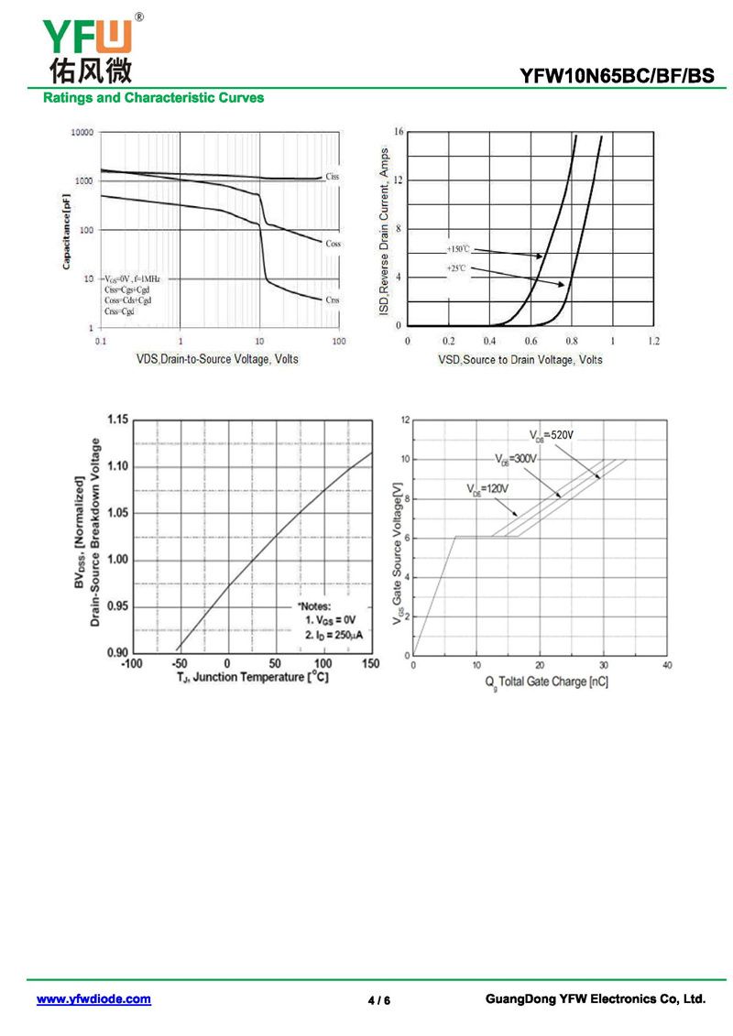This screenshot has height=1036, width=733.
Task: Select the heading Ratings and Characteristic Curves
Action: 153,98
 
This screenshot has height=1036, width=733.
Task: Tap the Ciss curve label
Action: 332,176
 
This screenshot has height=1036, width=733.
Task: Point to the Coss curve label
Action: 333,244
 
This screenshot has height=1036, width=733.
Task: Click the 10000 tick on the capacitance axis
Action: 82,133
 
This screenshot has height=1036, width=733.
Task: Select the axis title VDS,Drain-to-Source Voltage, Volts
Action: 217,359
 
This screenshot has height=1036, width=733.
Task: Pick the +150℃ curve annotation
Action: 458,249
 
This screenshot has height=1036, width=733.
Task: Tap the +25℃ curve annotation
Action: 456,268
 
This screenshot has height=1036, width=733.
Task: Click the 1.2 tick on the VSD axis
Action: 652,341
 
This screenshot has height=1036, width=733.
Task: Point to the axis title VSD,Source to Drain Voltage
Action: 520,360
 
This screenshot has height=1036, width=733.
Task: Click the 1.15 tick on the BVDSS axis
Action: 116,420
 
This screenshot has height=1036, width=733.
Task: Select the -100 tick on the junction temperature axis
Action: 132,663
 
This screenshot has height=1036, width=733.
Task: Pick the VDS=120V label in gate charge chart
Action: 487,489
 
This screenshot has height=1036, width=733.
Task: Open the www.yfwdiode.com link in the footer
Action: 93,999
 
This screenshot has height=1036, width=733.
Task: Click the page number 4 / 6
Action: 378,1000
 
